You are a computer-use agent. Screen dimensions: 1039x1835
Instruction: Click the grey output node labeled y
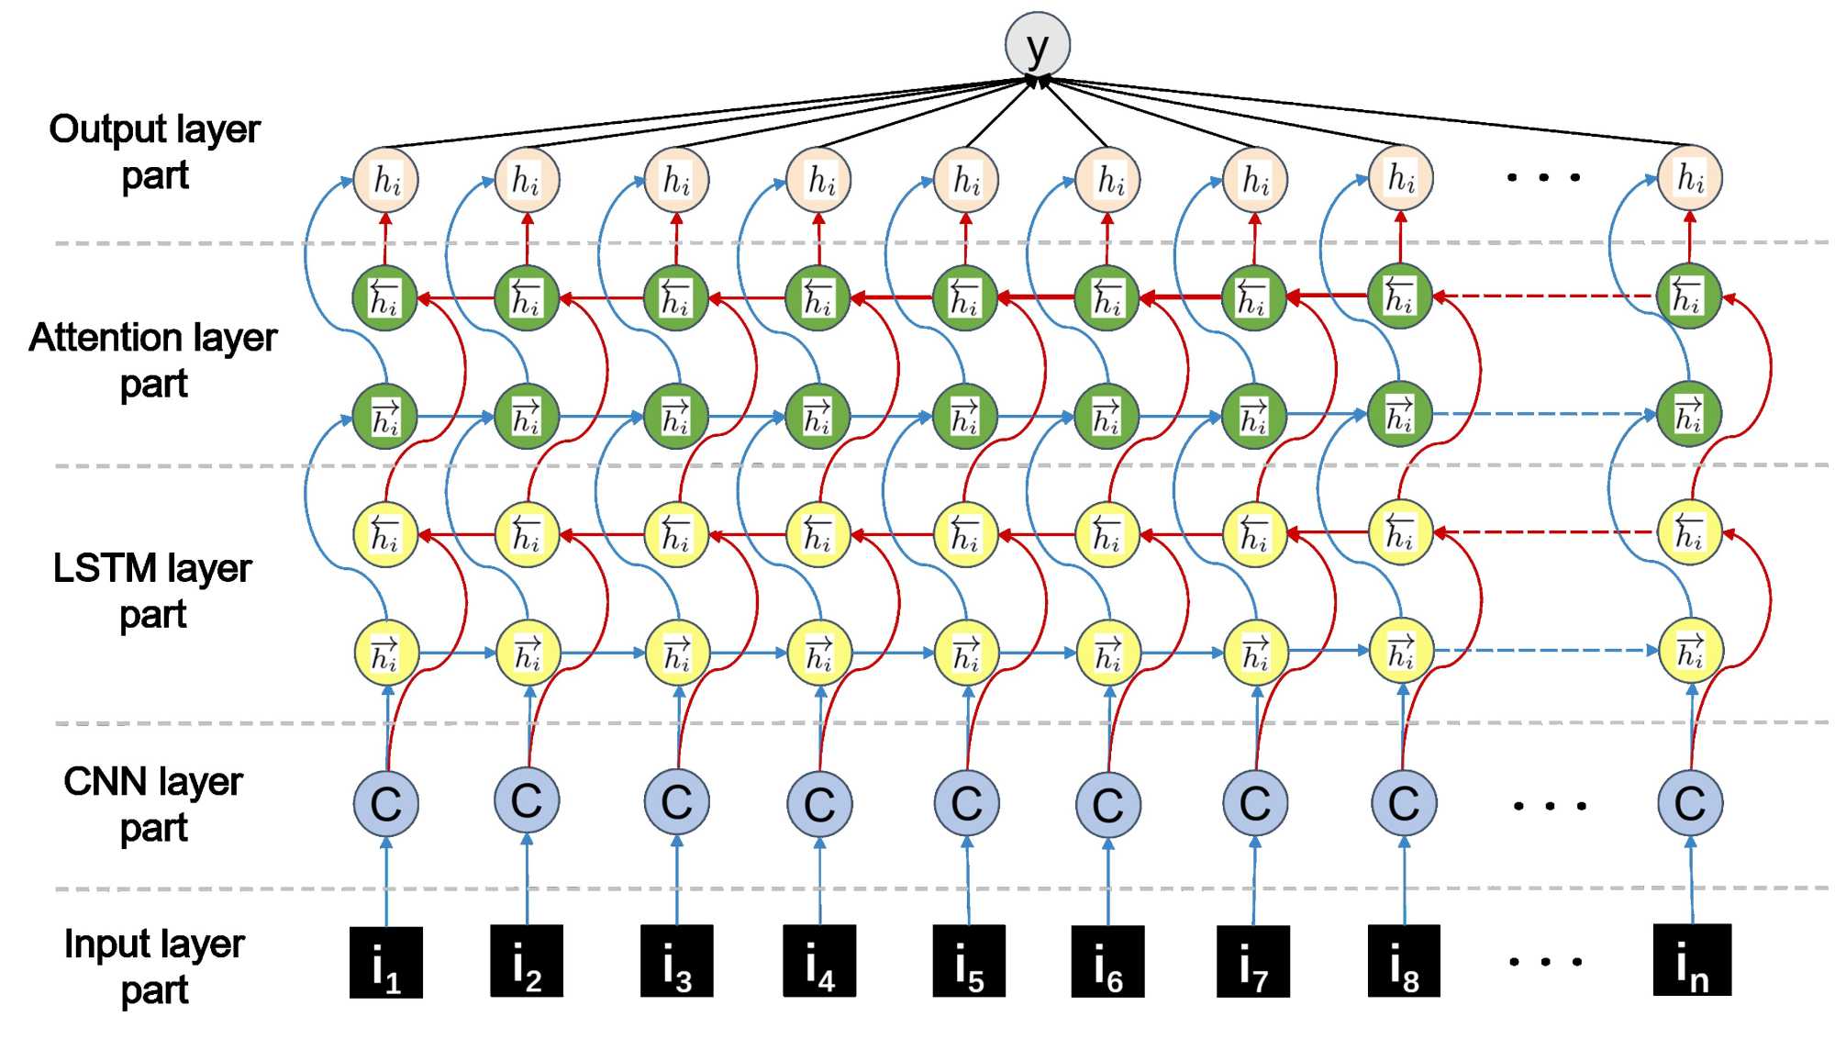click(x=1038, y=45)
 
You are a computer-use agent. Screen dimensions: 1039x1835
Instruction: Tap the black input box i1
click(x=386, y=962)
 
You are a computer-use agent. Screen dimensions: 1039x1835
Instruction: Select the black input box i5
click(x=969, y=961)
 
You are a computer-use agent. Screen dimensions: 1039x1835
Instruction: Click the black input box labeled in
click(x=1692, y=960)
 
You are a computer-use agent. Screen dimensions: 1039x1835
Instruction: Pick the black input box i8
click(x=1404, y=961)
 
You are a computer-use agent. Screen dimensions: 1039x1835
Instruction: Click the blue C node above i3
click(x=677, y=801)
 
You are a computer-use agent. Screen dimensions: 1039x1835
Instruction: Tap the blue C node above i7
click(x=1255, y=802)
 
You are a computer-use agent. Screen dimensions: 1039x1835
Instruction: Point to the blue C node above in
click(x=1690, y=802)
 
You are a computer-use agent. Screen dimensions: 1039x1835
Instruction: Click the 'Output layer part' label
click(x=155, y=151)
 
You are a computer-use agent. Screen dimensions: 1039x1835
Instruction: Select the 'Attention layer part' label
click(x=153, y=360)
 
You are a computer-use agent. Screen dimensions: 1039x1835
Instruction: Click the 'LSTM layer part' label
click(x=152, y=590)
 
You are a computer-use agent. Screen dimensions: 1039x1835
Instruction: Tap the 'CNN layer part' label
click(x=153, y=804)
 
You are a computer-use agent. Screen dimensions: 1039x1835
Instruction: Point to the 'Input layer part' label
click(x=154, y=966)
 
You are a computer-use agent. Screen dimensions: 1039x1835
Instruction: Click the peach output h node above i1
click(x=385, y=180)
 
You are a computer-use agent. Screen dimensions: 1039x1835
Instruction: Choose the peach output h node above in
click(x=1690, y=178)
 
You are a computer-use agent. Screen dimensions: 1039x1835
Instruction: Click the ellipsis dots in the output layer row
click(x=1543, y=177)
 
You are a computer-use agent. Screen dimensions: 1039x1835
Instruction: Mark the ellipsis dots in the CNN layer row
click(x=1550, y=807)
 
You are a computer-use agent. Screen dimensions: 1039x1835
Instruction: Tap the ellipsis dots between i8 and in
click(x=1546, y=962)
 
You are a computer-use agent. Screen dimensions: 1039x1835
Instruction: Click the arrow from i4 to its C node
click(x=820, y=881)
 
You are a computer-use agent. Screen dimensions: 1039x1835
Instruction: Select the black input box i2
click(x=527, y=961)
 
